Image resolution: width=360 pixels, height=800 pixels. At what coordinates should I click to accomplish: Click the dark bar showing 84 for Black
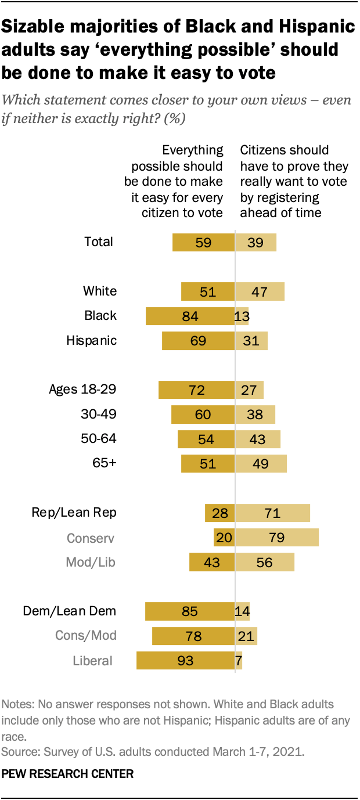(189, 316)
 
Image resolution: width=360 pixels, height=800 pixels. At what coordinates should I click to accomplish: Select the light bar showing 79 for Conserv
(277, 538)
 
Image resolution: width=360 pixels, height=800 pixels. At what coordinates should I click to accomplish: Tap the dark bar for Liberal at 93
(185, 661)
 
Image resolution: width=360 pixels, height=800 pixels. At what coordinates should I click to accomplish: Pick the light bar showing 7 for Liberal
(239, 661)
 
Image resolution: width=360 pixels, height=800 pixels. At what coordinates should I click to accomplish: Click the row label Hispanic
(92, 341)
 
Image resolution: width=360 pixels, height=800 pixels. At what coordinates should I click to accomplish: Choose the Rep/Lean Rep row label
(74, 513)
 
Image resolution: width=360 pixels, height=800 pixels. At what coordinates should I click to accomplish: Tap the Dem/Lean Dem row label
(70, 611)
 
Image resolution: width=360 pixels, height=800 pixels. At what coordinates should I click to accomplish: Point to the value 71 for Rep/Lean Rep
(272, 513)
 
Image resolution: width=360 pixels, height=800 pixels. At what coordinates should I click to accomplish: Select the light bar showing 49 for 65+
(261, 464)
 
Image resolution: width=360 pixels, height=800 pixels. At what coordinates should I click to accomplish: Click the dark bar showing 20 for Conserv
(224, 538)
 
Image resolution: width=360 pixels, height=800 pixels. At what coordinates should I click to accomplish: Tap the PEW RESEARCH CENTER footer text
(68, 774)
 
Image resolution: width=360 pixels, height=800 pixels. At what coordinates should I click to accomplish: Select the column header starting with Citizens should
(294, 181)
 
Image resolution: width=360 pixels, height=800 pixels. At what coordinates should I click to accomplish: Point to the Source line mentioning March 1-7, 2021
(153, 753)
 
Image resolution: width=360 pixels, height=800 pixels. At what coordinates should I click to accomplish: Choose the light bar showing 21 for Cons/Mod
(246, 636)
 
